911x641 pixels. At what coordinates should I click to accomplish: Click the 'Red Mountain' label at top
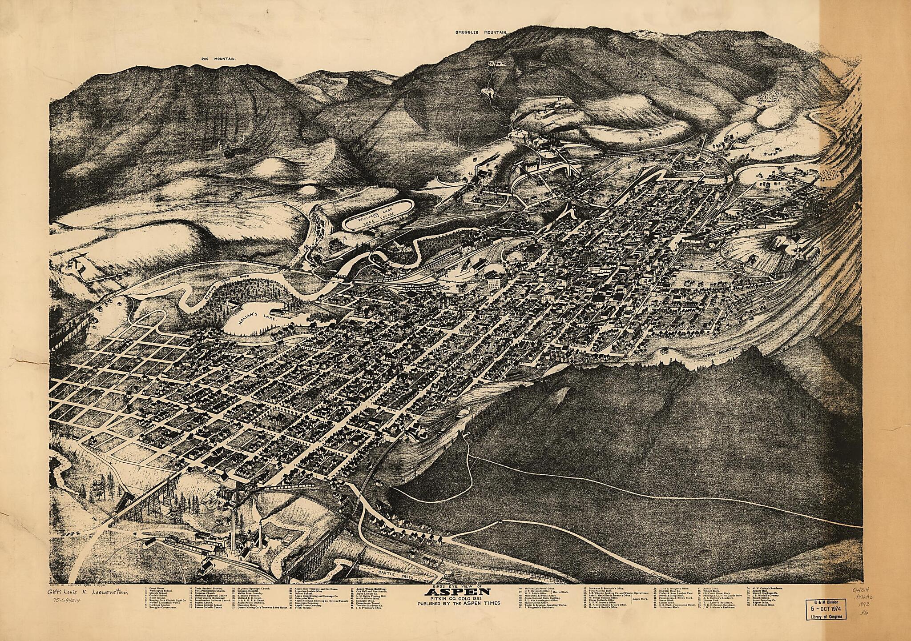tap(218, 59)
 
